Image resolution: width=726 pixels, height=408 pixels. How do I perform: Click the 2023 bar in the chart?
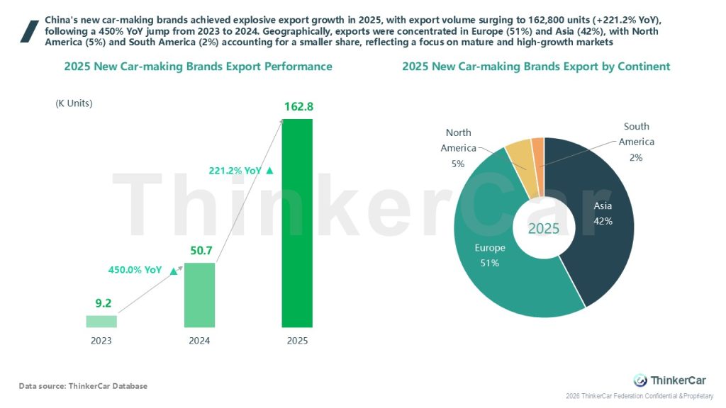click(101, 322)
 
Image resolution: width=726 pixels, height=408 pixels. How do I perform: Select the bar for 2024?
click(199, 295)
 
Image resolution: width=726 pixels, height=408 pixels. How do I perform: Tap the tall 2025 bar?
click(297, 223)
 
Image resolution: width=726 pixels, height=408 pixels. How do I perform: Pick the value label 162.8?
click(298, 107)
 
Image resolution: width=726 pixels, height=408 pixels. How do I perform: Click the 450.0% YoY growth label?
click(135, 270)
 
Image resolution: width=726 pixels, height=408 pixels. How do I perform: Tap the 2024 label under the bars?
click(199, 341)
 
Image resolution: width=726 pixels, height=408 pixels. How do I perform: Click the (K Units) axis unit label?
click(74, 103)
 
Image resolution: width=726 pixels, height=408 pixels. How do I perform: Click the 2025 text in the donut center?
click(544, 229)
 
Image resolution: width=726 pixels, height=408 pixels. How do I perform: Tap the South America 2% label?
click(636, 142)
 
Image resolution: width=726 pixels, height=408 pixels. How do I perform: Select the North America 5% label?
click(458, 148)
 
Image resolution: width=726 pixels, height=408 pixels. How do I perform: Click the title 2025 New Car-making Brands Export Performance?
click(198, 67)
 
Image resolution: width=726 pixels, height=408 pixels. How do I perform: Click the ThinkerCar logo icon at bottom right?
click(640, 380)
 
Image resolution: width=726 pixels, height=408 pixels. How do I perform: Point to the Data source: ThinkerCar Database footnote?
click(83, 386)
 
